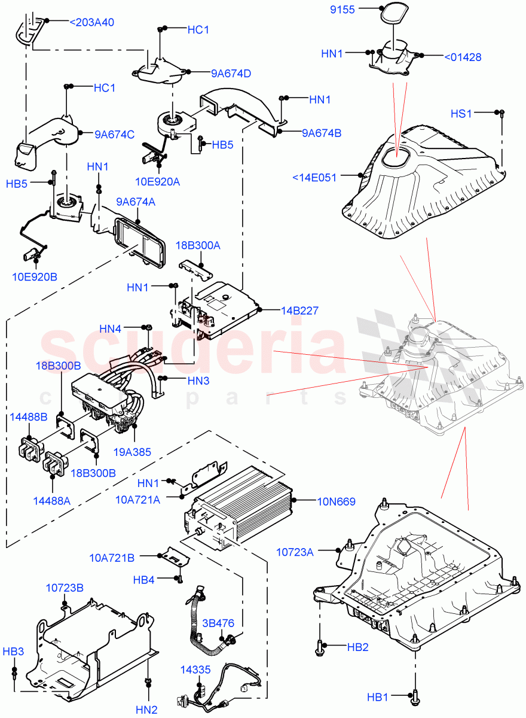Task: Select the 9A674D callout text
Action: pos(231,74)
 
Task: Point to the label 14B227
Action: pos(299,311)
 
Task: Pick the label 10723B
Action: pos(65,588)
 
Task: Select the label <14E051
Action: pos(315,177)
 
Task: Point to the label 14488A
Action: pos(50,500)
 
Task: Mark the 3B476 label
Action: pos(218,623)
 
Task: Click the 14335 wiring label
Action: pos(195,670)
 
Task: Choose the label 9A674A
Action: pos(136,202)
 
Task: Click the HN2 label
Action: pos(146,710)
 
